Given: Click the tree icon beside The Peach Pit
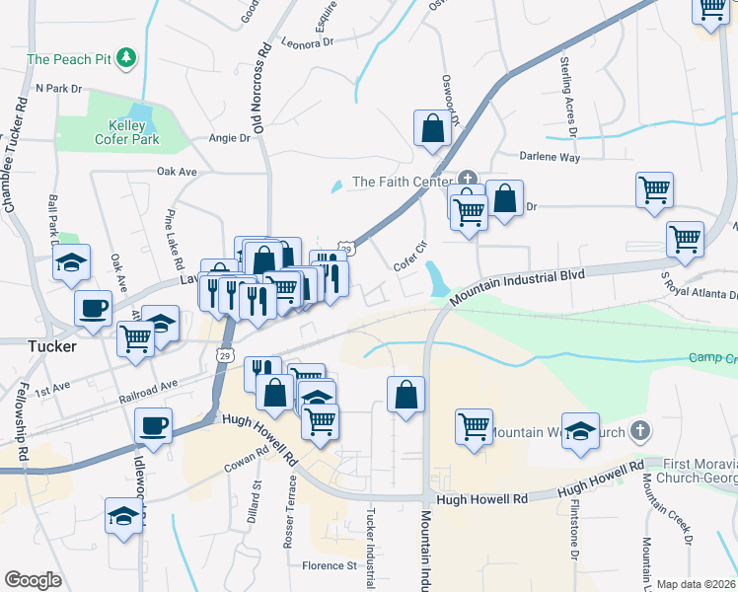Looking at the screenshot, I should [x=126, y=59].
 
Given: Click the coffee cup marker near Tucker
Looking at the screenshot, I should [x=94, y=308].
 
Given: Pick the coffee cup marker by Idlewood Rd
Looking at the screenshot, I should [x=153, y=426].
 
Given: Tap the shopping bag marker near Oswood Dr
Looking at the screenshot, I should [x=432, y=128].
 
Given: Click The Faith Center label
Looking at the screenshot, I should [x=400, y=182].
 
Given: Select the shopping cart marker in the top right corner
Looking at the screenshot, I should [x=711, y=10].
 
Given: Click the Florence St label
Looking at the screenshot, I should [x=329, y=565].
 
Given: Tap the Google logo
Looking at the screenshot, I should [x=33, y=580].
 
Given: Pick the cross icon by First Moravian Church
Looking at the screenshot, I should [x=640, y=431].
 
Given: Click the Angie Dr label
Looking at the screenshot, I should [x=229, y=138].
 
